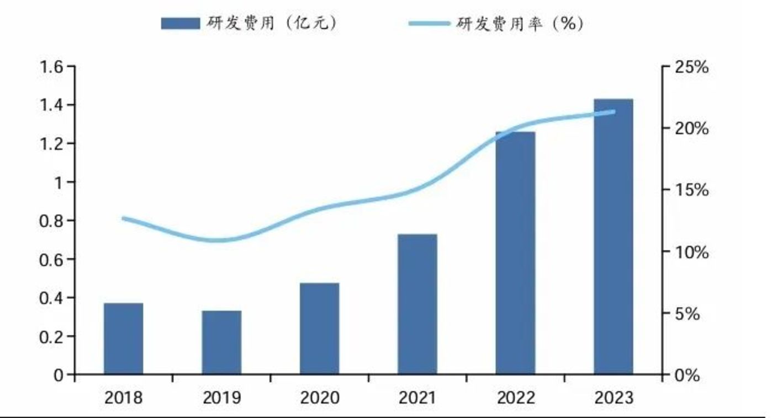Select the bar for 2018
[123, 339]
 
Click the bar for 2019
[221, 342]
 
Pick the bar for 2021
[417, 304]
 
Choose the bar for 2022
[515, 253]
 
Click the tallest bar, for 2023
[613, 237]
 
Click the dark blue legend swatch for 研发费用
[181, 23]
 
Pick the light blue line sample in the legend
[429, 23]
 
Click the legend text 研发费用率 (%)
[520, 23]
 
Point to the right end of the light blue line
[614, 112]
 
